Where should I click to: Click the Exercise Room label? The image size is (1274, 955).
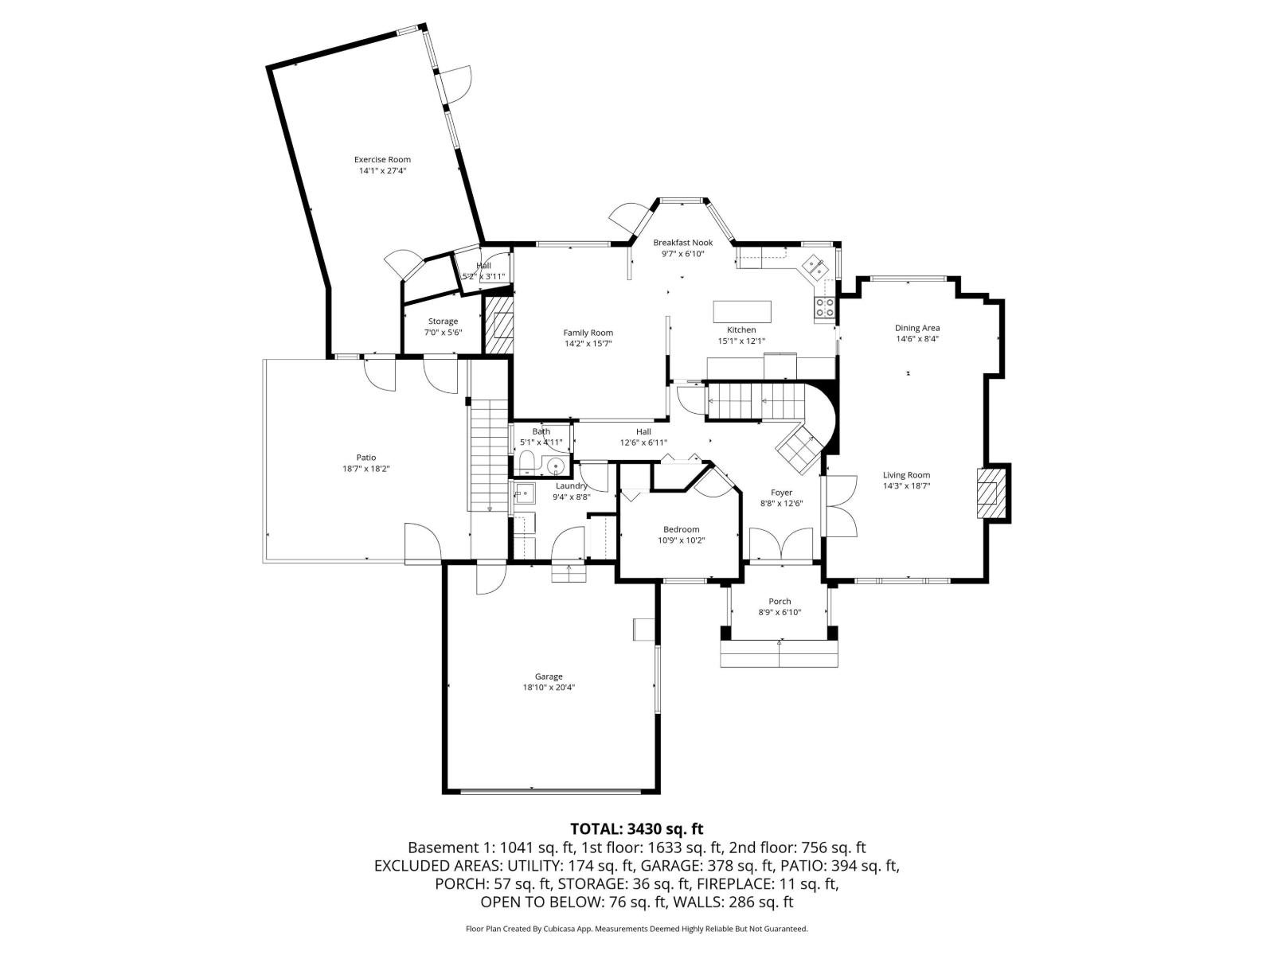coord(382,159)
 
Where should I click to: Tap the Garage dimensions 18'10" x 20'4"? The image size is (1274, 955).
coord(549,687)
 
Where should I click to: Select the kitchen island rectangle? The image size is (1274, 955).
coord(742,310)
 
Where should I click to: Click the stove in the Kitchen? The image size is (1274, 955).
coord(825,307)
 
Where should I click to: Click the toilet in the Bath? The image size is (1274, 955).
coord(526,462)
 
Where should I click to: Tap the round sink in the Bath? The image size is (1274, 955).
coord(556,466)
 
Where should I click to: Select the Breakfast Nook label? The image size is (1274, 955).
coord(682,243)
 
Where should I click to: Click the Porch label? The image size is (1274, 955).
coord(780,601)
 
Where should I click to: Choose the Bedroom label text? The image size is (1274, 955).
coord(681,529)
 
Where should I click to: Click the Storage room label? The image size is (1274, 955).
coord(443,322)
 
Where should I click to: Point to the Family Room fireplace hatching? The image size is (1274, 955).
coord(498,325)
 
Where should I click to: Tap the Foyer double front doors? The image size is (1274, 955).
coord(784,547)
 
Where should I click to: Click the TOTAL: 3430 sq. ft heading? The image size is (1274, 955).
coord(636,828)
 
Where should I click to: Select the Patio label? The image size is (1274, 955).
coord(365,458)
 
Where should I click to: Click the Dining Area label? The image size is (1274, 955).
coord(917,328)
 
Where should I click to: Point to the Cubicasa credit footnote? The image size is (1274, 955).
coord(636,929)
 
